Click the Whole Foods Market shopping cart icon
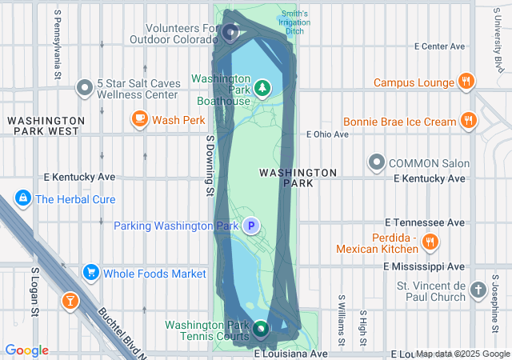(x=91, y=274)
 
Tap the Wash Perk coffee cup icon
(x=140, y=120)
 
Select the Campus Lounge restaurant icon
(x=466, y=82)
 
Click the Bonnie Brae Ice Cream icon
(x=469, y=122)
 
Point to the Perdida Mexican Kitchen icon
(x=430, y=241)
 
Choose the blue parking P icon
(x=251, y=226)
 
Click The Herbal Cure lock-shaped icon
(x=22, y=198)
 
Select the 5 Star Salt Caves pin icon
(x=85, y=87)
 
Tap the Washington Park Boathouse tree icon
(x=261, y=86)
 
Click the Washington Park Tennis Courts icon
(x=261, y=329)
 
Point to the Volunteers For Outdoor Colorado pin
(x=230, y=33)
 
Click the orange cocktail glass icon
(x=70, y=301)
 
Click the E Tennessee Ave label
(x=425, y=222)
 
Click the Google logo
(x=26, y=350)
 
